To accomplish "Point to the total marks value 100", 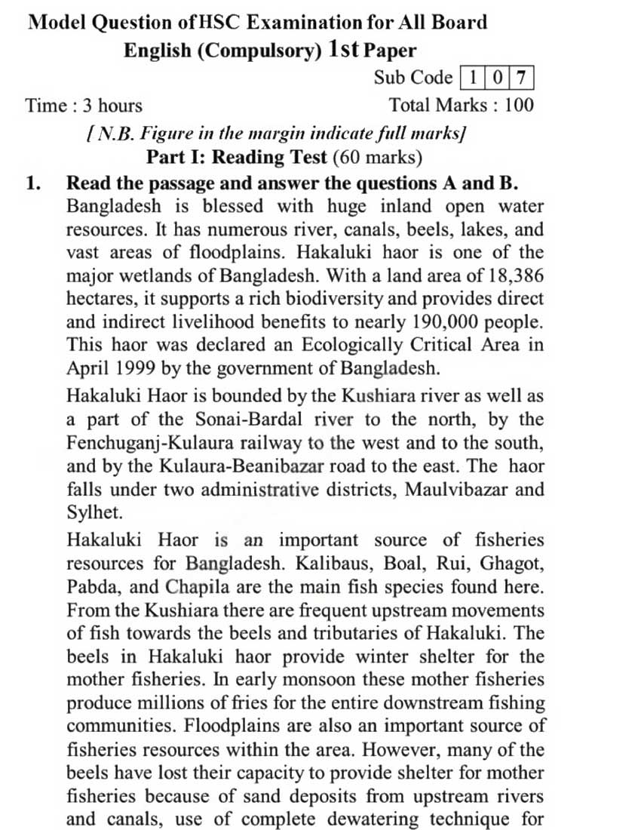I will pyautogui.click(x=518, y=105).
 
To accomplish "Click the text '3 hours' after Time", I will pyautogui.click(x=110, y=105).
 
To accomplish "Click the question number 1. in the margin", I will pyautogui.click(x=33, y=183).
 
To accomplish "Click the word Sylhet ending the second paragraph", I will pyautogui.click(x=89, y=512).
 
